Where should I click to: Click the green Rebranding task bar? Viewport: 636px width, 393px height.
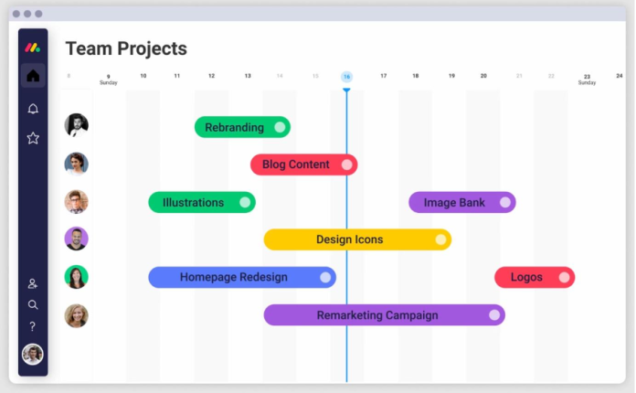pos(242,127)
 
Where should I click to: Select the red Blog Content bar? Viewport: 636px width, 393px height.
pos(303,165)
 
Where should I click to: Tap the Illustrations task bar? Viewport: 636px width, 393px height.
pos(202,202)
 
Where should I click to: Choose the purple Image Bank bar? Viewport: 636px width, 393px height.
pos(462,202)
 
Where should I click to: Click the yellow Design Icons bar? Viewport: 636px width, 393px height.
pos(357,239)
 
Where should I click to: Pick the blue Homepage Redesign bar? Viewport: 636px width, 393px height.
pos(242,277)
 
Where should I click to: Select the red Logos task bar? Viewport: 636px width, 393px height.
pos(535,277)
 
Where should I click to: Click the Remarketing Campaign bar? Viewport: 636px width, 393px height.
pos(384,314)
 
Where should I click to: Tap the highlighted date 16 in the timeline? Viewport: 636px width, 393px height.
pos(346,77)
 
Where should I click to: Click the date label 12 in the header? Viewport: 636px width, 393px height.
pos(211,76)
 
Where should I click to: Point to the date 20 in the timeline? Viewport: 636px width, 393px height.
pos(483,76)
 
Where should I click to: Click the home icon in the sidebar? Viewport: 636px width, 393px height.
pos(33,76)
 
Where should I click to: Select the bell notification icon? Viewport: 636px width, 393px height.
pos(33,109)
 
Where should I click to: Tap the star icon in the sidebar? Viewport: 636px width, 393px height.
pos(33,138)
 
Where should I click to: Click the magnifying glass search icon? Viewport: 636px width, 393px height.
pos(33,304)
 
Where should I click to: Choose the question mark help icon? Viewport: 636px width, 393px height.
pos(33,326)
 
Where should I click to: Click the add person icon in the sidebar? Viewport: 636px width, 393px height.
pos(33,283)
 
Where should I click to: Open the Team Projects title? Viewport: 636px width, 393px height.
pos(126,48)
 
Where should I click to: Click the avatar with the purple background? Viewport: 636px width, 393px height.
pos(76,239)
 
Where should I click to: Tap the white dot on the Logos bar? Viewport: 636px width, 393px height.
pos(564,277)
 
